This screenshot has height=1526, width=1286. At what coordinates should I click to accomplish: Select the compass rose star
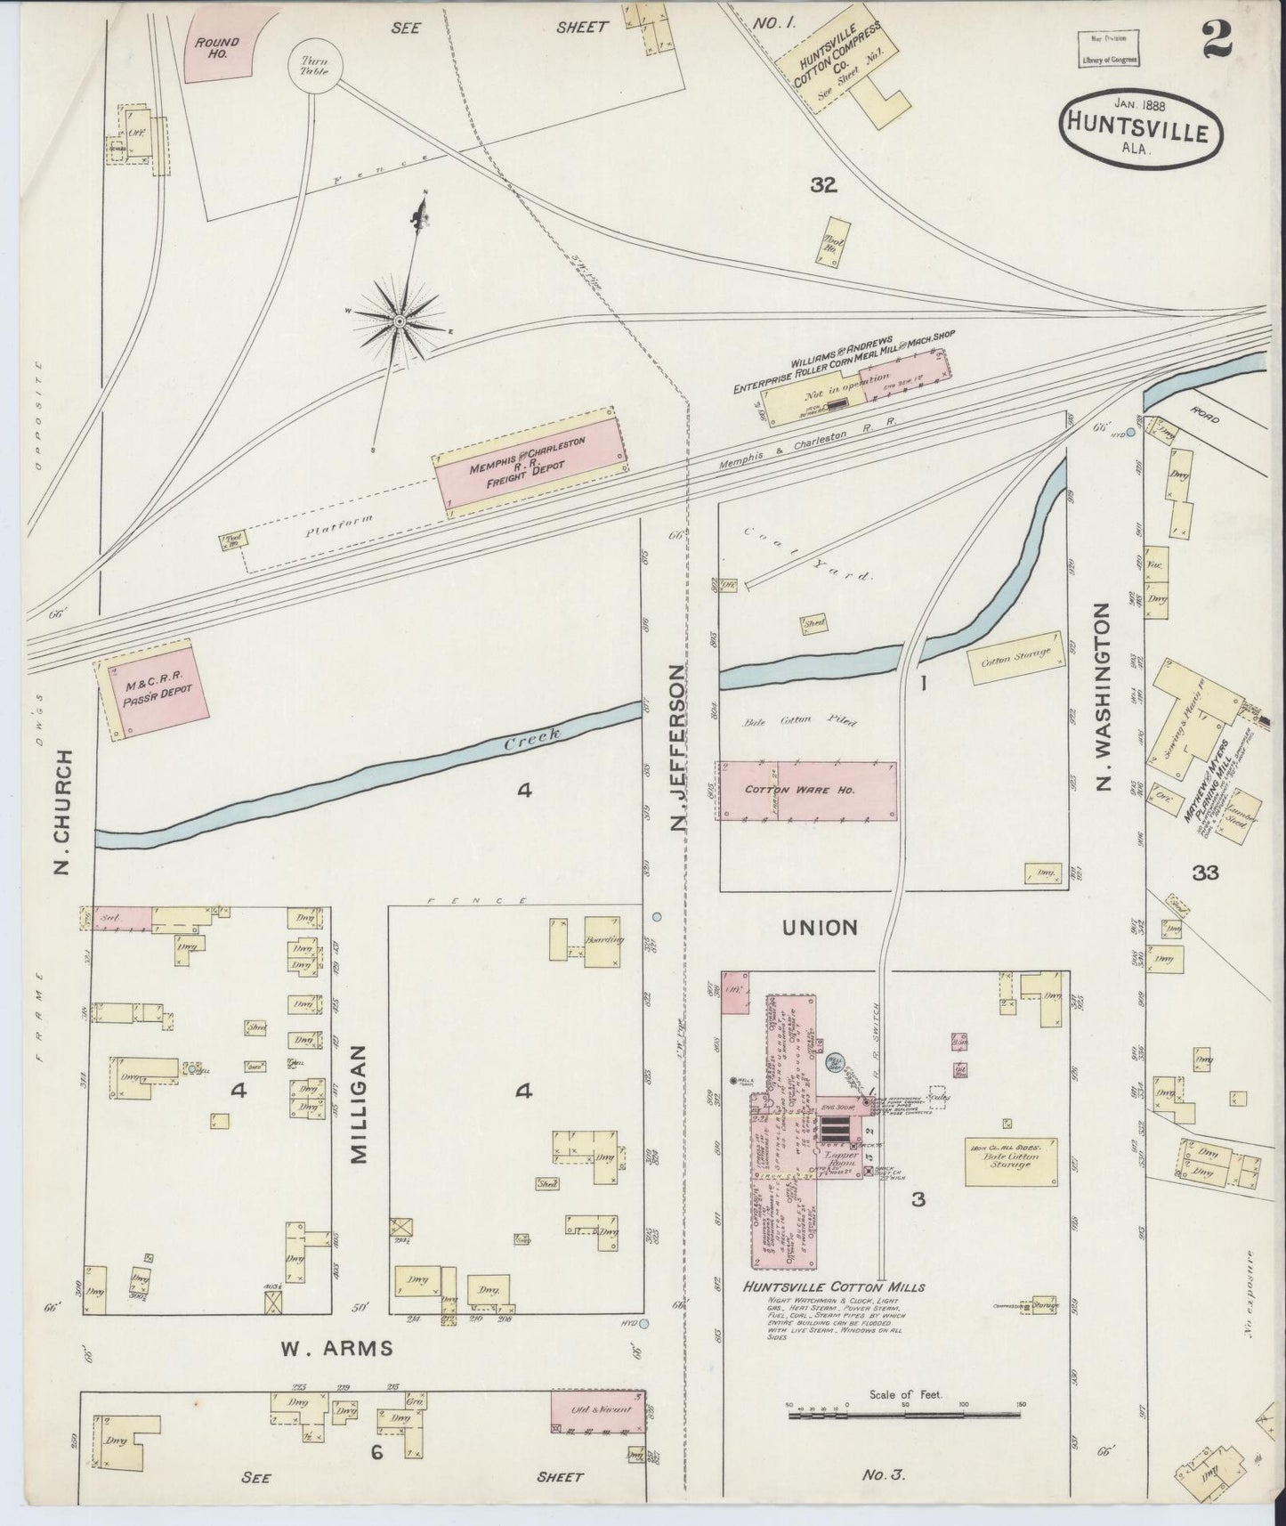point(400,319)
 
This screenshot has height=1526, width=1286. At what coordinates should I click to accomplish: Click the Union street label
point(819,928)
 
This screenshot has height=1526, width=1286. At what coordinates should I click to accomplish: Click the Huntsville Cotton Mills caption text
point(835,1287)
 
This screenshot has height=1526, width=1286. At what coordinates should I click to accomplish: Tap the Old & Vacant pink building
point(597,1408)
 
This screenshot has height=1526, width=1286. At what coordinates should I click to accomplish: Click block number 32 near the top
point(824,184)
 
